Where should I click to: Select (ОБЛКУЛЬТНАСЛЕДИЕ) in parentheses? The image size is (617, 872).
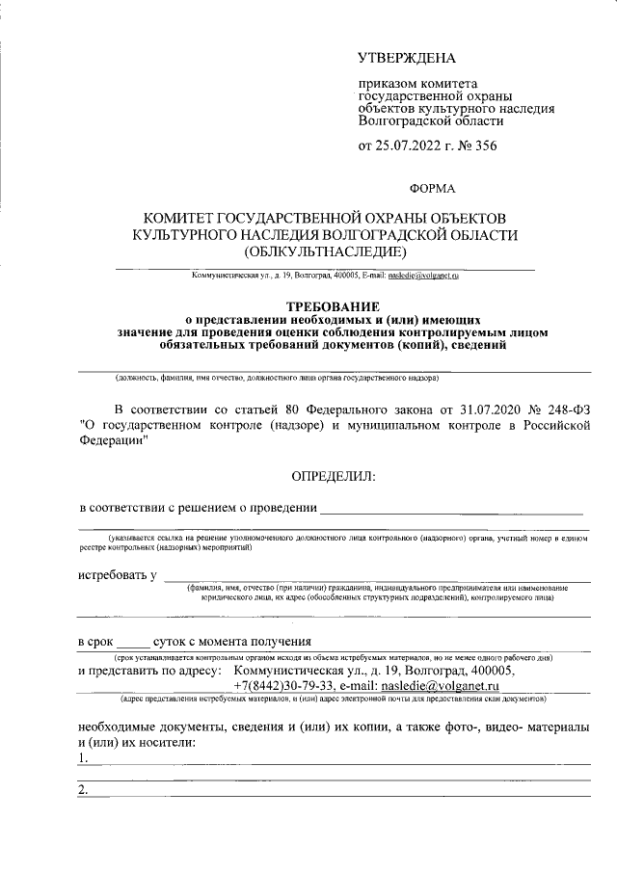coord(326,253)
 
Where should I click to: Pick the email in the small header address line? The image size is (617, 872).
coord(423,276)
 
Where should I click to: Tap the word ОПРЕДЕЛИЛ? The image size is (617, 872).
coord(334,476)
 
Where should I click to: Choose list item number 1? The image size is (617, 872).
coord(84,758)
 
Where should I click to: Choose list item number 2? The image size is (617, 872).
coord(84,791)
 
